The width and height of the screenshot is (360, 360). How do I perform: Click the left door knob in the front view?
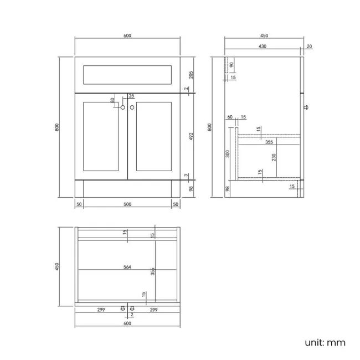pyautogui.click(x=123, y=107)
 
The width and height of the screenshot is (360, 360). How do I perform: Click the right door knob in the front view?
pyautogui.click(x=132, y=107)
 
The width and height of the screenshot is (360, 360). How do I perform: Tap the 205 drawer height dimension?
pyautogui.click(x=191, y=75)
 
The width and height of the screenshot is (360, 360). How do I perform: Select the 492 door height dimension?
pyautogui.click(x=191, y=136)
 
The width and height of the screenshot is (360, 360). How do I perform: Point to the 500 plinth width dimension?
pyautogui.click(x=127, y=204)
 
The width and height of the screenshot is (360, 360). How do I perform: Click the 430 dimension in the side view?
pyautogui.click(x=263, y=46)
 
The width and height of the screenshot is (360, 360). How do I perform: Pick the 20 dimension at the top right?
pyautogui.click(x=309, y=47)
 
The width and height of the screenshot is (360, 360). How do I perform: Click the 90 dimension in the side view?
pyautogui.click(x=232, y=65)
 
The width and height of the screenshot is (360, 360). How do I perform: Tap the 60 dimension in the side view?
pyautogui.click(x=230, y=117)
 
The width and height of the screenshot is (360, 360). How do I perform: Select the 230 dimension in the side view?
pyautogui.click(x=274, y=157)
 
